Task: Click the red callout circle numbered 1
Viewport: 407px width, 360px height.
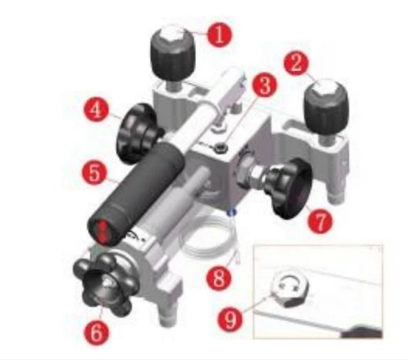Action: (219, 35)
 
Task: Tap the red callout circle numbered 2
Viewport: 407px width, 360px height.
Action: (296, 63)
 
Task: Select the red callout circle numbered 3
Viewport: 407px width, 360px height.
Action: (264, 85)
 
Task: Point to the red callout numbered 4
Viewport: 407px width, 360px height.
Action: (97, 110)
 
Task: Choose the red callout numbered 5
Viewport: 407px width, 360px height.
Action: (95, 173)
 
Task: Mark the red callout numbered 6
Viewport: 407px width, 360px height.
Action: (96, 333)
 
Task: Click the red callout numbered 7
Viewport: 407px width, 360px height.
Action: (320, 221)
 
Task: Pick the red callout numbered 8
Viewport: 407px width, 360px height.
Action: (219, 278)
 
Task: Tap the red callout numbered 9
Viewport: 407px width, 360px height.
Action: (230, 319)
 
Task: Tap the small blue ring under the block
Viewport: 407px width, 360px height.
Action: (232, 213)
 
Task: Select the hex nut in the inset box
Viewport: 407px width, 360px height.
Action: (291, 290)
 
